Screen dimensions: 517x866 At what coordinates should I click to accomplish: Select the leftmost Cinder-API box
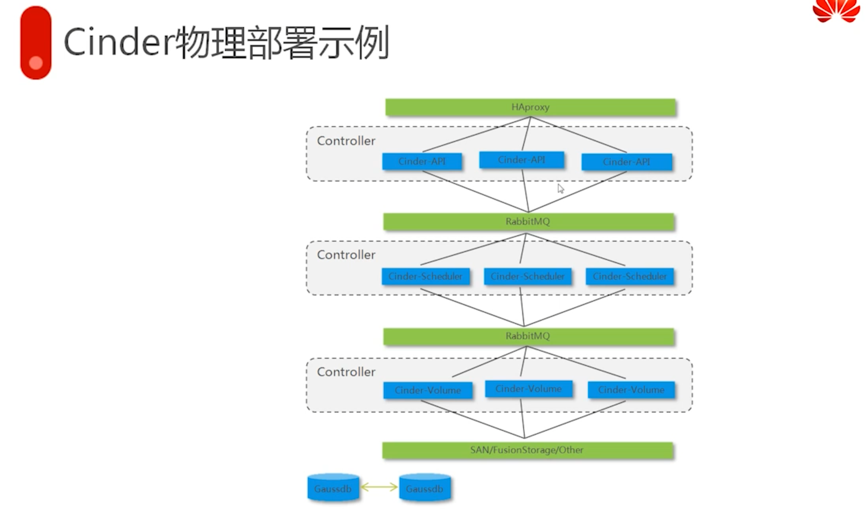point(422,161)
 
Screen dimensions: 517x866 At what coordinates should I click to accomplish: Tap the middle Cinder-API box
point(521,160)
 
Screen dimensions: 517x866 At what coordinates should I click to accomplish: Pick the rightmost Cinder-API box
point(626,162)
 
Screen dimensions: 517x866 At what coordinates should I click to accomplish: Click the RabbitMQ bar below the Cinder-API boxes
point(528,222)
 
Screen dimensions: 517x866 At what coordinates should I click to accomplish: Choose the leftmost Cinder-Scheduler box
point(425,276)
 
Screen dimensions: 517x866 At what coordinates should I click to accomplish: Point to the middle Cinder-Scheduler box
point(527,276)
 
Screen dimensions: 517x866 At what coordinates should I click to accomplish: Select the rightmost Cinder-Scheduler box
point(630,276)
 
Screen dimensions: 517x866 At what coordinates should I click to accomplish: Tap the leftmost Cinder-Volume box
point(428,390)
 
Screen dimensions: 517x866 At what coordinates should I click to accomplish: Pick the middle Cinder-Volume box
point(528,389)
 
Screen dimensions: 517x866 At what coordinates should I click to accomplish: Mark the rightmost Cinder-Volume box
point(631,390)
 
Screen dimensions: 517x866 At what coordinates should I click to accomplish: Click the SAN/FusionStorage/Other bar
point(527,450)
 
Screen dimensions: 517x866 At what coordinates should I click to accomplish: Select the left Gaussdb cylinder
point(333,488)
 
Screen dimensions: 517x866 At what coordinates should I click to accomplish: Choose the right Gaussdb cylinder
point(425,488)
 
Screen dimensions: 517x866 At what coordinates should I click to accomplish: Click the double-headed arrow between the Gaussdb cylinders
point(379,487)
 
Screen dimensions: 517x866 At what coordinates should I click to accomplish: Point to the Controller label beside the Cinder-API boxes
point(346,141)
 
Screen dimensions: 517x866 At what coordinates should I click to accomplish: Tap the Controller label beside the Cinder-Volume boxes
point(346,372)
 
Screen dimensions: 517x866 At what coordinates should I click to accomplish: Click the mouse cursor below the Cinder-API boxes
point(560,189)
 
